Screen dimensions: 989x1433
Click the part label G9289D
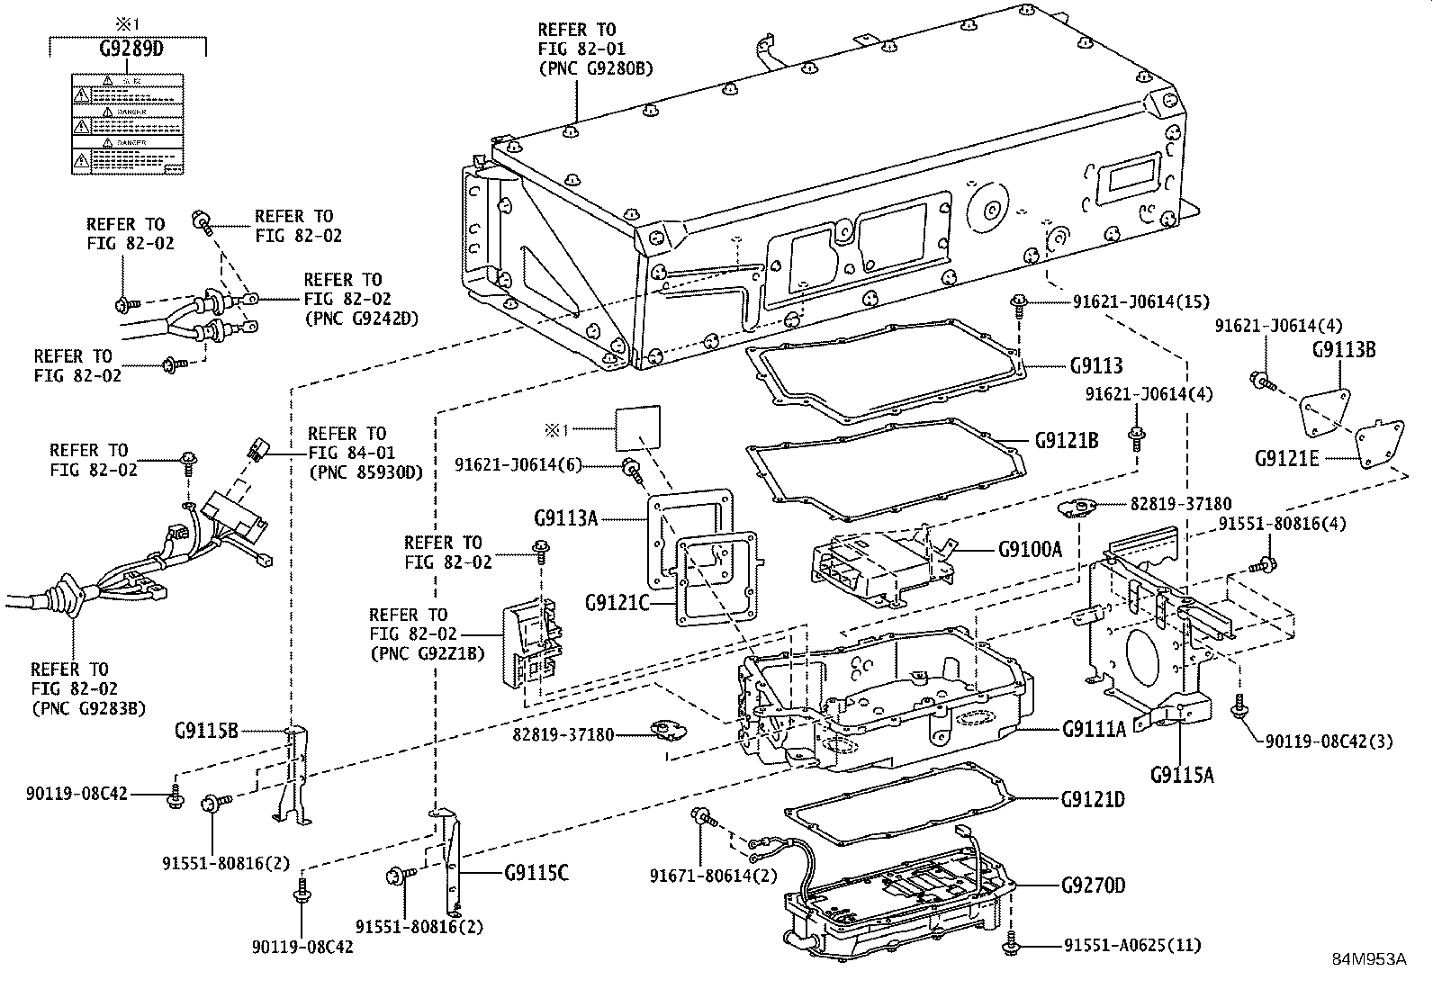click(x=131, y=49)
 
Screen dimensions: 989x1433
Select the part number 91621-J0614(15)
click(x=1140, y=302)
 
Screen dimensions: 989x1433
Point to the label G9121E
click(x=1286, y=458)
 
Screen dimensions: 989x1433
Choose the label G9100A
click(x=1030, y=548)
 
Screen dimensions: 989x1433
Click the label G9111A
click(x=1094, y=729)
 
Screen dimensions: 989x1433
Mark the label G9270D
click(x=1093, y=886)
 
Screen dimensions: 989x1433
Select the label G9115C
click(x=536, y=873)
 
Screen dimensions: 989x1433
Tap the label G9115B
click(x=206, y=731)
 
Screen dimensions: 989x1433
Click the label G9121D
click(x=1093, y=799)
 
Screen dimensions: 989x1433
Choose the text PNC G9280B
click(x=595, y=68)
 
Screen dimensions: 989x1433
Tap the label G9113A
click(x=566, y=517)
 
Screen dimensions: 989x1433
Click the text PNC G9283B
click(x=87, y=708)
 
